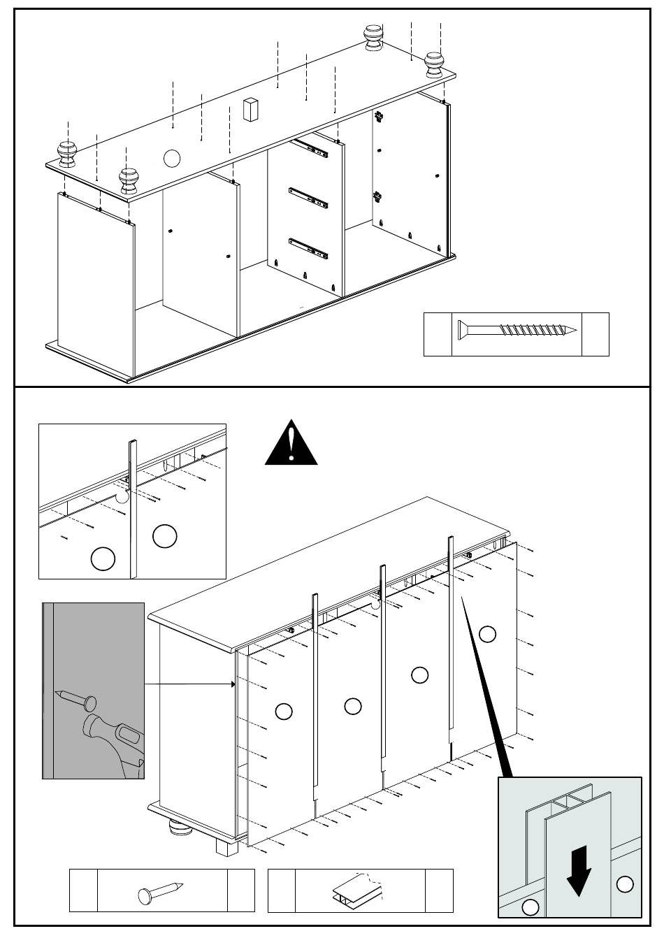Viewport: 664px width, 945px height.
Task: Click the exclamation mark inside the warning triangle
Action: click(x=291, y=442)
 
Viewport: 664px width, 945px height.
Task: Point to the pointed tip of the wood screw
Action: click(x=577, y=331)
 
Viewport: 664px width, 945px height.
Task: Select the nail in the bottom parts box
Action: click(x=161, y=891)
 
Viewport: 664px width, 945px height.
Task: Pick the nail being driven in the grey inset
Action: click(x=73, y=697)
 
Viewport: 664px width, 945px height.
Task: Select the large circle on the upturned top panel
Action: click(x=172, y=158)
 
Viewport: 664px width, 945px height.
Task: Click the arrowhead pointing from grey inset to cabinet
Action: click(x=233, y=684)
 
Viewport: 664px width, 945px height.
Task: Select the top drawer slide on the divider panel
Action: click(x=310, y=146)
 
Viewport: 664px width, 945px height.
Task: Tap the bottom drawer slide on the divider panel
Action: click(x=308, y=247)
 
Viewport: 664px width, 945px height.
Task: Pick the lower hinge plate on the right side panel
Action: click(x=378, y=197)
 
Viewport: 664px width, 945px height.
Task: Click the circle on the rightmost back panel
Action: click(x=488, y=634)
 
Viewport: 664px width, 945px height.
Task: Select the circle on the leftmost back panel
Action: click(x=284, y=712)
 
